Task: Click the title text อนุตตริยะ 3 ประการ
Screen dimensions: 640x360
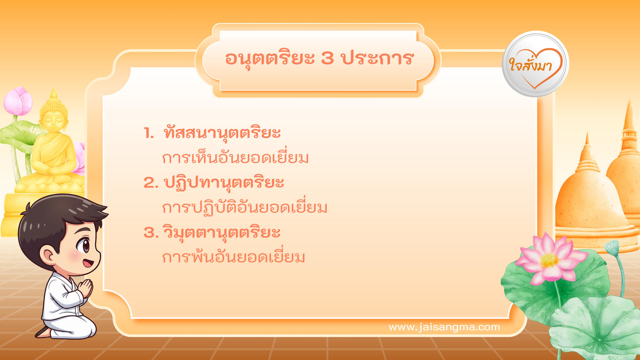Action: point(319,59)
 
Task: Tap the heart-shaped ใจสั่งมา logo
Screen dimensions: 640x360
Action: point(535,64)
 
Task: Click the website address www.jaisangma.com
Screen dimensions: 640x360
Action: point(444,327)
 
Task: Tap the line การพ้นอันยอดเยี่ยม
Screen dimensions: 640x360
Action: point(233,256)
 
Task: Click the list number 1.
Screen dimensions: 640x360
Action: point(149,133)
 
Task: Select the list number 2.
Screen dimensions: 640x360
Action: point(151,183)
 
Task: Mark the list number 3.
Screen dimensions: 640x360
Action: point(151,232)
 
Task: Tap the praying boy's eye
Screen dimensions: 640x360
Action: point(83,245)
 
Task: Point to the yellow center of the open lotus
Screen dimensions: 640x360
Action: point(549,260)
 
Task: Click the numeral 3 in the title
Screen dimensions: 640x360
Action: point(328,58)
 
